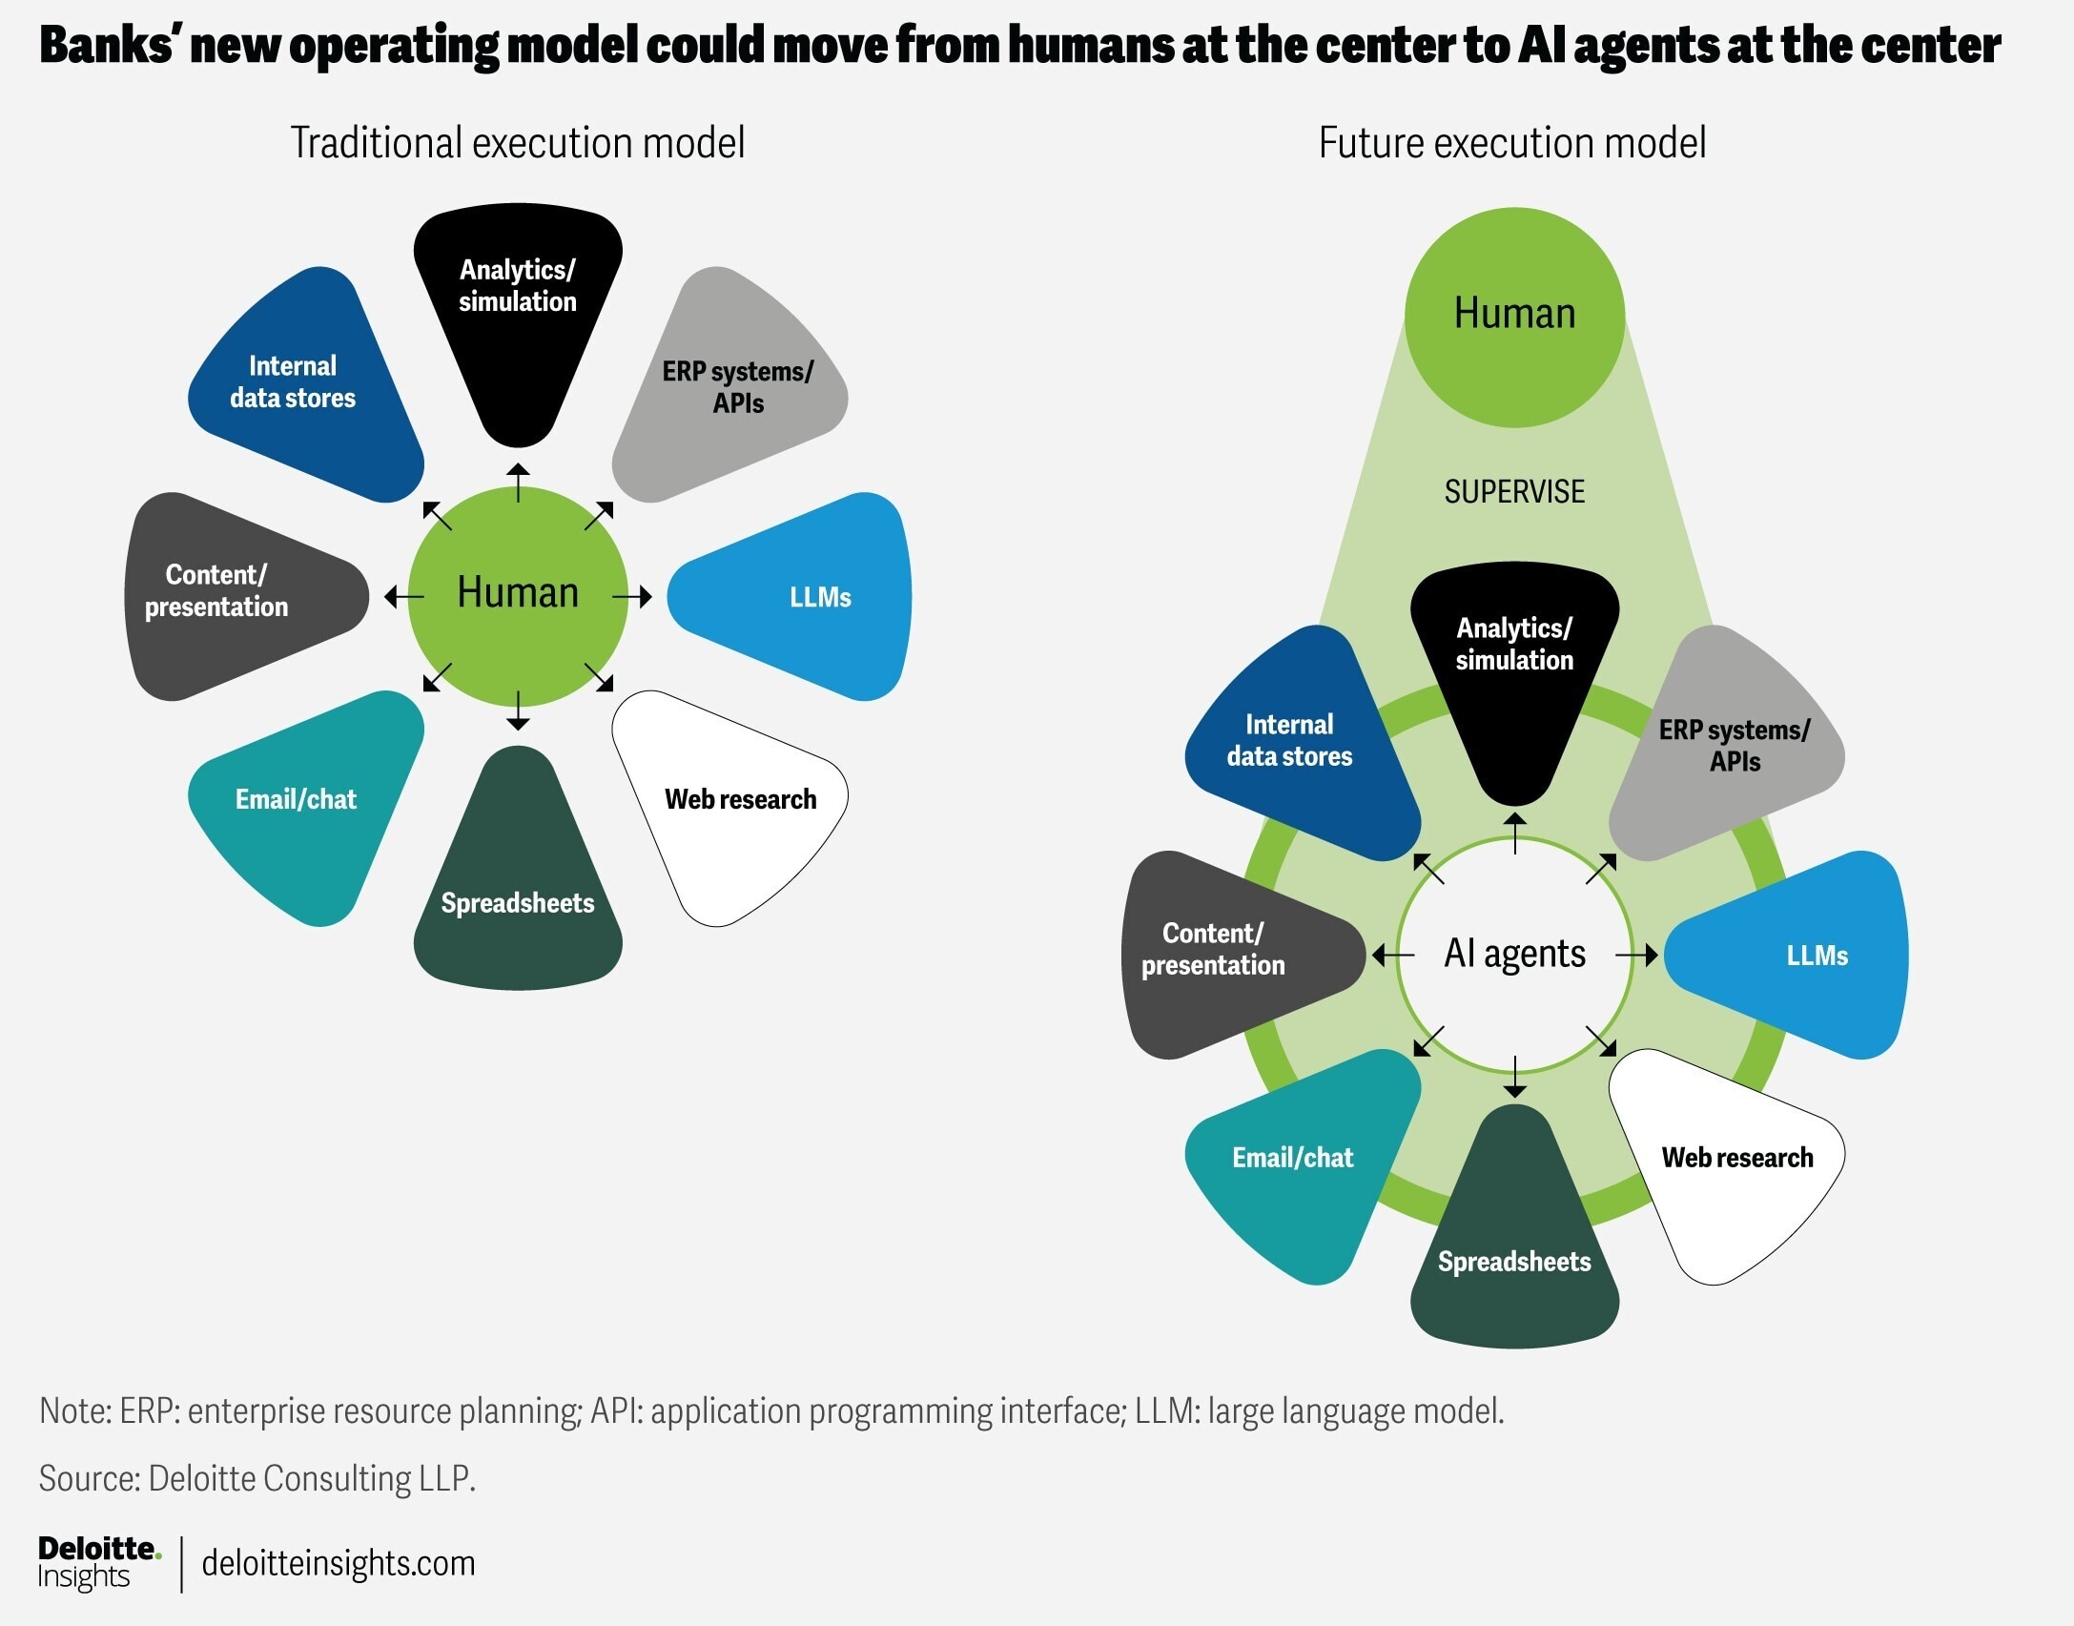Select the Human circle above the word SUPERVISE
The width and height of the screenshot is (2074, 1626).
1514,316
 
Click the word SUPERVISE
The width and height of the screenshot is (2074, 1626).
1514,492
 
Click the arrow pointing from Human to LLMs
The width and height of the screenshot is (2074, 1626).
632,597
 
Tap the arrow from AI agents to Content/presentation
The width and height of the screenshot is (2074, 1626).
1393,955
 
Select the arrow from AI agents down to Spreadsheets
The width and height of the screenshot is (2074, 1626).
1514,1078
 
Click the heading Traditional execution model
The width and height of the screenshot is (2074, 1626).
518,143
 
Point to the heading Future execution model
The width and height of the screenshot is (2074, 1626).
1512,143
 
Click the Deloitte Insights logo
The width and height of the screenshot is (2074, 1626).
98,1562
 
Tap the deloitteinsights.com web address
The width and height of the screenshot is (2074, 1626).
339,1563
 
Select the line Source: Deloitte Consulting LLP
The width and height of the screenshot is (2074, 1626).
257,1478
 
